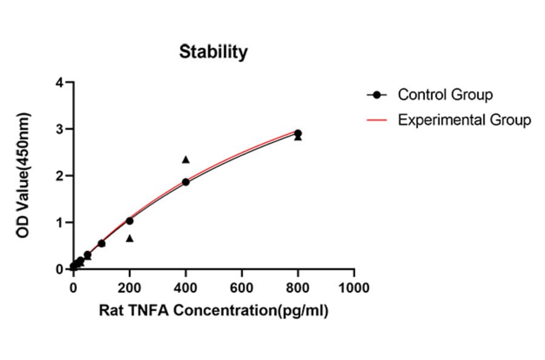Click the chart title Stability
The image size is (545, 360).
(213, 52)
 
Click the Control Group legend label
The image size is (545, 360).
(444, 95)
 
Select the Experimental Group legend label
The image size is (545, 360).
(464, 120)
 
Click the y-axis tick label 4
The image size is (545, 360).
(59, 82)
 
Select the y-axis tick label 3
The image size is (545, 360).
(59, 129)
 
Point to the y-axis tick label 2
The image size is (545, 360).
(59, 176)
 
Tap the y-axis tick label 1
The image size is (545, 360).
(59, 222)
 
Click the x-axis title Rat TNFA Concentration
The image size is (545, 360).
(213, 312)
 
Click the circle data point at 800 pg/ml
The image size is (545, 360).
(298, 133)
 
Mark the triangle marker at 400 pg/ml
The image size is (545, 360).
(186, 159)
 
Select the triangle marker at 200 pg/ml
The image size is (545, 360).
(130, 238)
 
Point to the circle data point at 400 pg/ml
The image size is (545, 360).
(186, 182)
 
